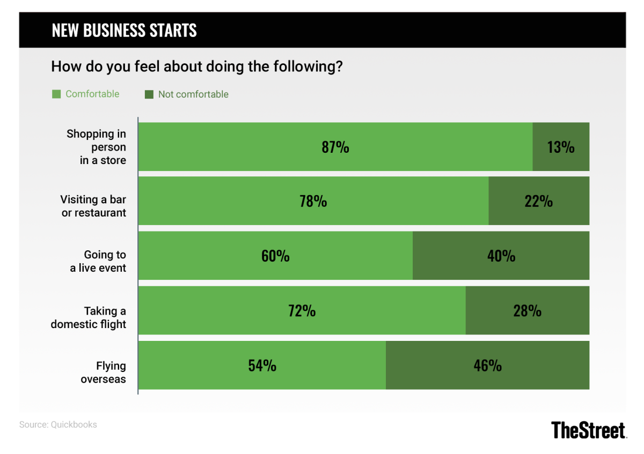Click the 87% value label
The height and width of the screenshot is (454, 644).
click(x=335, y=147)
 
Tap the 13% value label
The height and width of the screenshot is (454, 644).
click(x=561, y=147)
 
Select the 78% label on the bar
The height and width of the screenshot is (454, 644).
click(x=313, y=202)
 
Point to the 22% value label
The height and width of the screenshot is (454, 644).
click(x=539, y=202)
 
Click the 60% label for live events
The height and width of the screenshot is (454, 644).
click(x=275, y=256)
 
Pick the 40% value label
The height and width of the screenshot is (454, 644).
click(x=501, y=256)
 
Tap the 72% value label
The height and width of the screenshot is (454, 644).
click(x=302, y=311)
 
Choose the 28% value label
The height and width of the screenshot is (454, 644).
click(x=528, y=311)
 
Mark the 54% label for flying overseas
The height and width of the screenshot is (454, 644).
click(x=262, y=366)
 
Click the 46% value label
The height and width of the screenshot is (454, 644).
click(x=488, y=366)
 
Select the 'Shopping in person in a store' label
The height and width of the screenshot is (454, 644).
click(x=97, y=147)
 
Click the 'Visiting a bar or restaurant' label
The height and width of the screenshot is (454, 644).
click(x=93, y=206)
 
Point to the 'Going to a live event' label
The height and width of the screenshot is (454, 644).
click(x=98, y=261)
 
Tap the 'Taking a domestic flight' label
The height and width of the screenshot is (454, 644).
click(x=89, y=317)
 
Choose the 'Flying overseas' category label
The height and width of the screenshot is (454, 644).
click(x=104, y=373)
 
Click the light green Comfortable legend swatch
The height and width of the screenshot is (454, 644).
click(x=56, y=94)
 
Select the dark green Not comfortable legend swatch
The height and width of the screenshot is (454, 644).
click(x=149, y=94)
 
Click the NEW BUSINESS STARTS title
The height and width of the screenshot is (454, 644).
click(x=125, y=31)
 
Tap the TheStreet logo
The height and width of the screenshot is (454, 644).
click(x=589, y=430)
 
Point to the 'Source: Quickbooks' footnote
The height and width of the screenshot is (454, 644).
click(x=58, y=425)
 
